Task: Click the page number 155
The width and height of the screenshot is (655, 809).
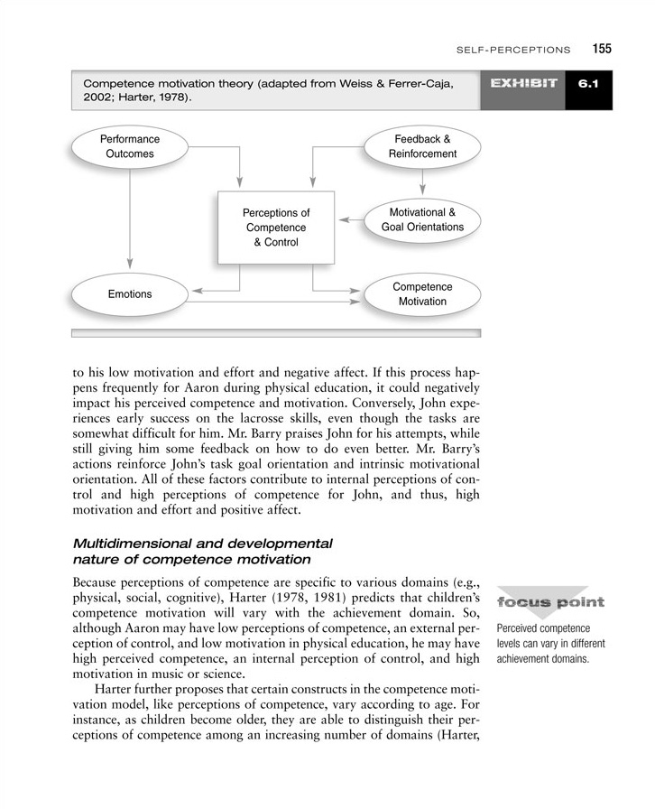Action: (x=602, y=49)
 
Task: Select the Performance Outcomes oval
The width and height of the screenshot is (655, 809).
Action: (x=130, y=146)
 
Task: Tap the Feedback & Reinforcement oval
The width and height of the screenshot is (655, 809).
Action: (x=422, y=146)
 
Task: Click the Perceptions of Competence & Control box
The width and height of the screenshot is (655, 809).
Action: (x=275, y=228)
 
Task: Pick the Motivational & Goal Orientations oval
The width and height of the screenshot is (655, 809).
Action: (x=422, y=219)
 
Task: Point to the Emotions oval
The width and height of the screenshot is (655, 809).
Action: (x=130, y=294)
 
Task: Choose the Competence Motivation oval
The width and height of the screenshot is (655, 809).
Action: (x=422, y=293)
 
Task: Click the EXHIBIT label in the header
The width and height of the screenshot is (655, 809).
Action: (x=523, y=84)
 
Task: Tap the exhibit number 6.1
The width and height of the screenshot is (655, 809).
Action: (x=589, y=84)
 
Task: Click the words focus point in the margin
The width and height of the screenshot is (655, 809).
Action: (x=549, y=603)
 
